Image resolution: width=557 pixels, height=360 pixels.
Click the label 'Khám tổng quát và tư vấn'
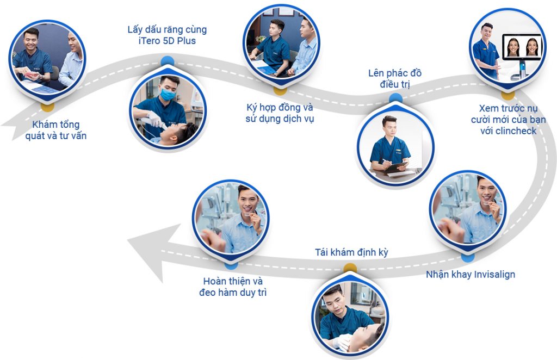pyautogui.click(x=55, y=131)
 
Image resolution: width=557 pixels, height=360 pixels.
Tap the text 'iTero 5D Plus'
pyautogui.click(x=167, y=41)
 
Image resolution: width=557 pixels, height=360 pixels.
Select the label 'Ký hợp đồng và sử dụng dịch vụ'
pyautogui.click(x=280, y=113)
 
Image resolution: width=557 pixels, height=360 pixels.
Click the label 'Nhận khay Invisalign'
pyautogui.click(x=470, y=274)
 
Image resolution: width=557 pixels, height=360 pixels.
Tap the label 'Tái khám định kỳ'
pyautogui.click(x=351, y=252)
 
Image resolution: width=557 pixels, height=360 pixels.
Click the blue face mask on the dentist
pyautogui.click(x=168, y=94)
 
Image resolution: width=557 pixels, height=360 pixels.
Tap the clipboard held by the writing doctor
pyautogui.click(x=395, y=167)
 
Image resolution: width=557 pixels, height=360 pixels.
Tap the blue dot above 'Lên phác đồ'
pyautogui.click(x=395, y=98)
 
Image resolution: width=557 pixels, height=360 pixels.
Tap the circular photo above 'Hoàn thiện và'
pyautogui.click(x=231, y=217)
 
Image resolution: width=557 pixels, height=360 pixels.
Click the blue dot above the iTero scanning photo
pyautogui.click(x=168, y=61)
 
